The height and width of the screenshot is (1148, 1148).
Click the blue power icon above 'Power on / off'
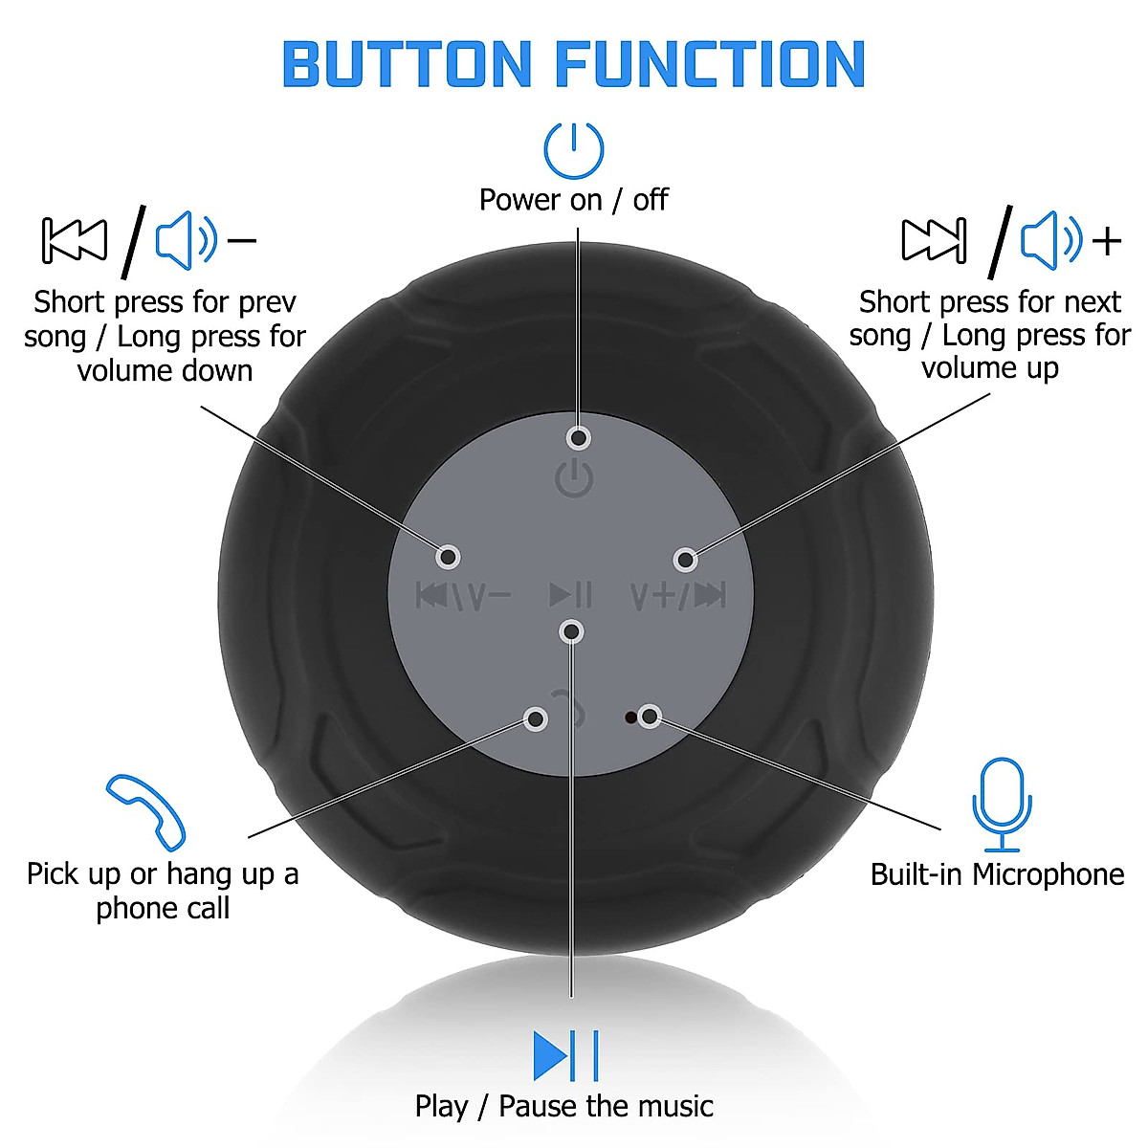tap(574, 150)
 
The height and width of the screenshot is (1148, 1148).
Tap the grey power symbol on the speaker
tap(574, 476)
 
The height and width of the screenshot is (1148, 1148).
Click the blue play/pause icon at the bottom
tap(565, 1055)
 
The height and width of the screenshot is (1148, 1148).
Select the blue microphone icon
tap(1002, 804)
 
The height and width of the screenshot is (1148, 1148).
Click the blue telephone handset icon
tap(145, 811)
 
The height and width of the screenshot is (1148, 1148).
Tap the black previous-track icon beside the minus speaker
tap(75, 239)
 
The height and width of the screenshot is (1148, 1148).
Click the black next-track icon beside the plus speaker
tap(934, 239)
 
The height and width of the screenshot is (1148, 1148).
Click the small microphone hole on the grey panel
tap(629, 717)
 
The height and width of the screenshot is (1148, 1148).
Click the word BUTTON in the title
tap(407, 65)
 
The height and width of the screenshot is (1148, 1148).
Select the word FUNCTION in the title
tap(710, 65)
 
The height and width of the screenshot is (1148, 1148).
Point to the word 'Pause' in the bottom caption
tap(539, 1107)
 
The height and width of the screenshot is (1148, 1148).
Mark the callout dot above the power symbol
tap(578, 438)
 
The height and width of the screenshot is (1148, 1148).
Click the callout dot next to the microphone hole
tap(651, 716)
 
